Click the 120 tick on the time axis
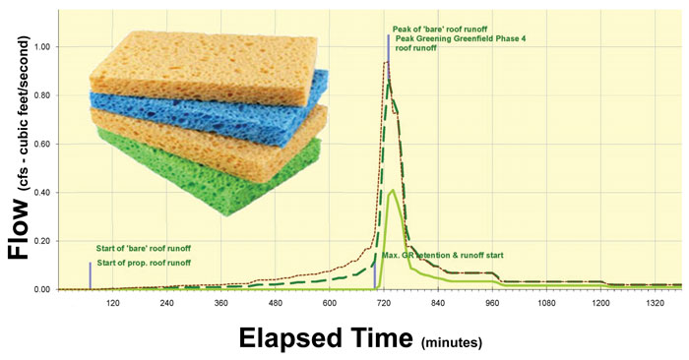pos(112,302)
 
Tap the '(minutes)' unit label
pos(453,341)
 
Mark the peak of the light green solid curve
pos(393,190)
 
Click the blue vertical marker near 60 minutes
pos(90,274)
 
